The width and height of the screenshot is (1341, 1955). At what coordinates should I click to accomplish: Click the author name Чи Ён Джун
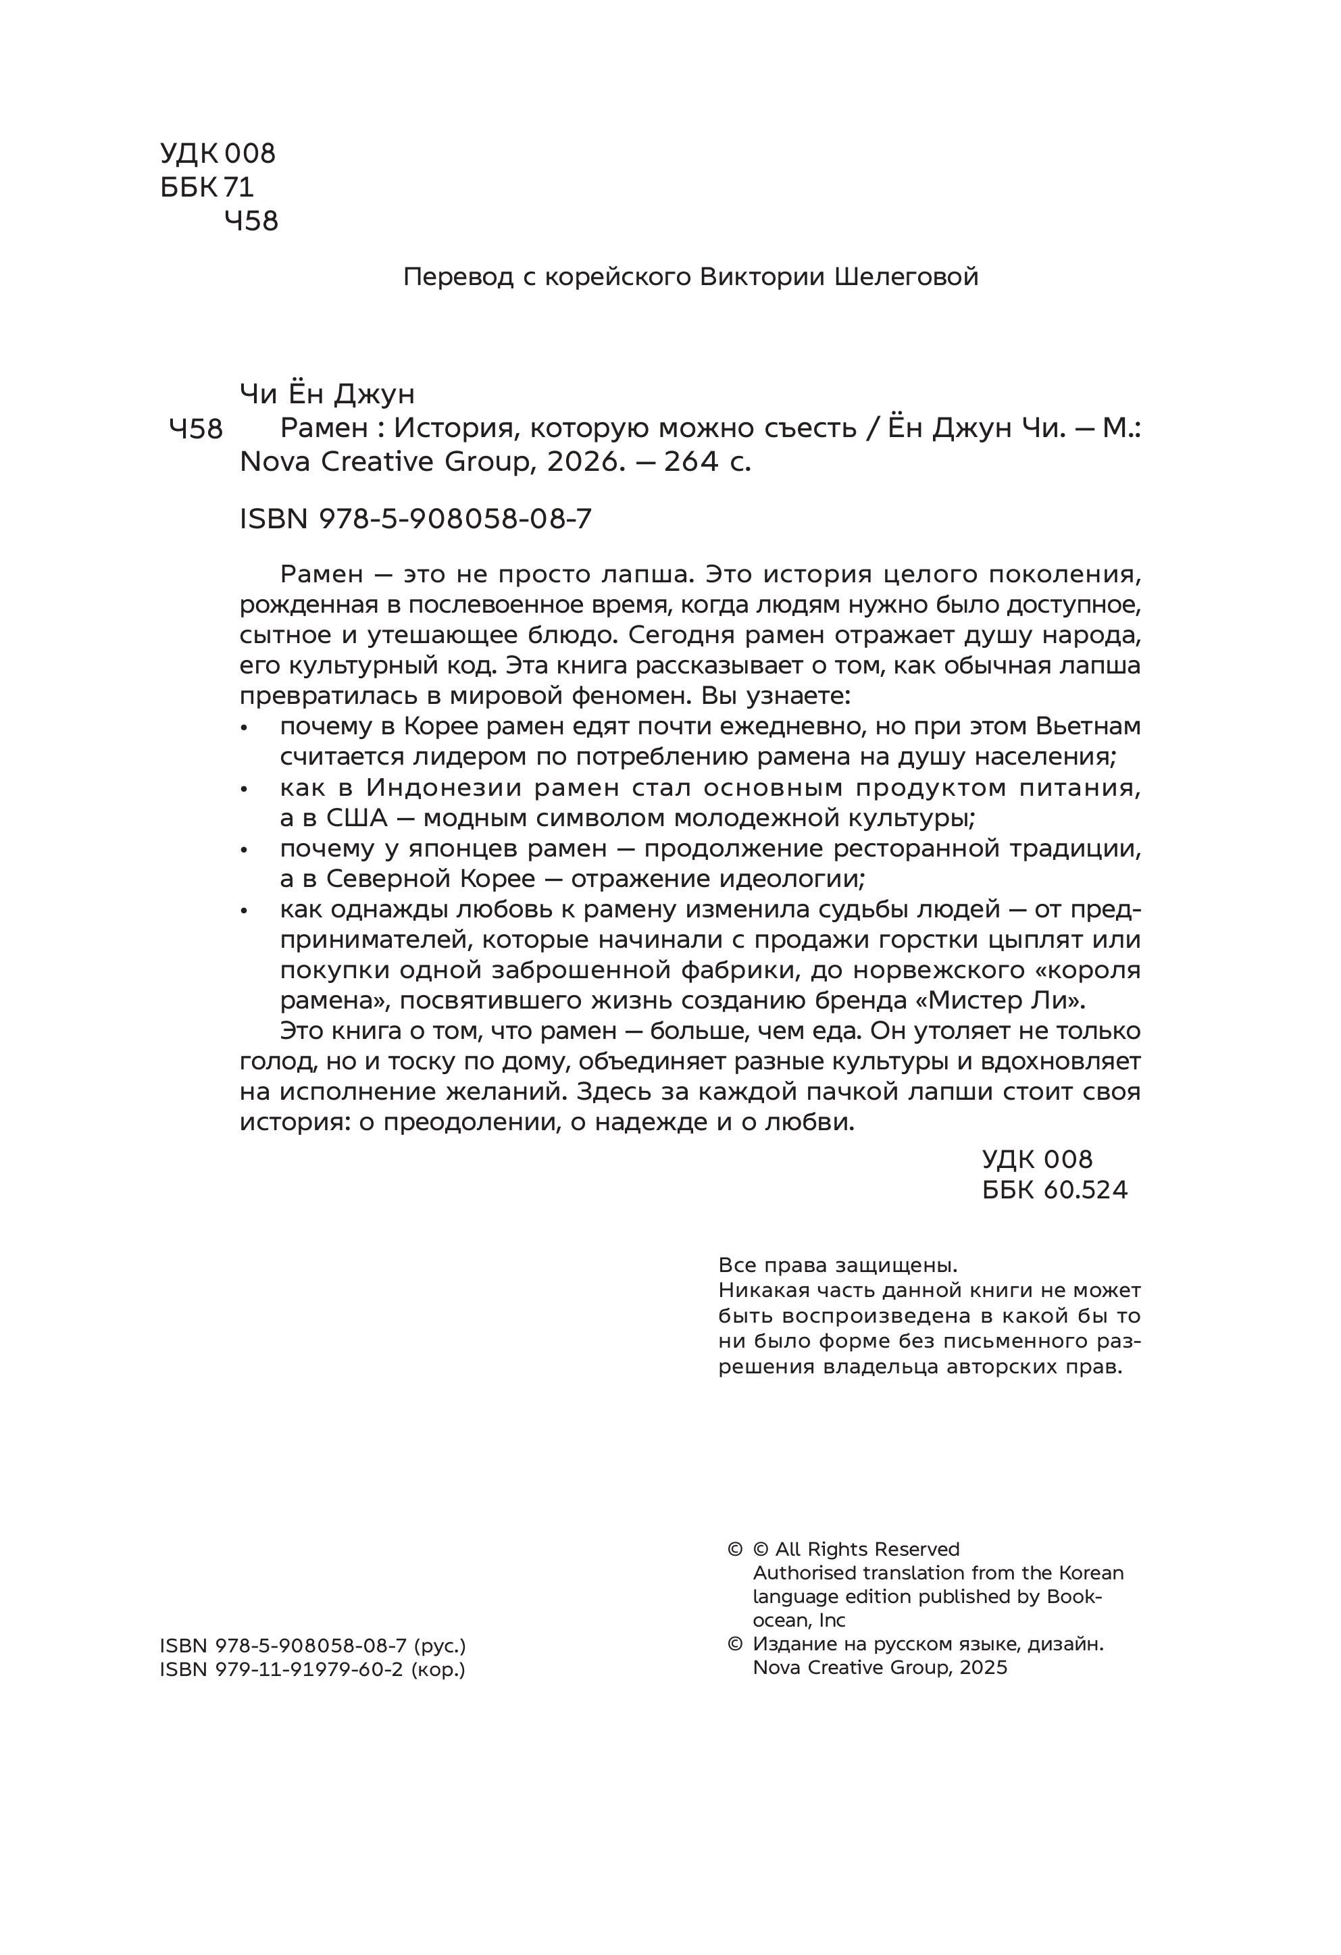(327, 394)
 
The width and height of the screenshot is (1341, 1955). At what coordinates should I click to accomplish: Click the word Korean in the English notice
(1090, 1573)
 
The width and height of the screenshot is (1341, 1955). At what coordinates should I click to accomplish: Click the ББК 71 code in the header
(207, 186)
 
